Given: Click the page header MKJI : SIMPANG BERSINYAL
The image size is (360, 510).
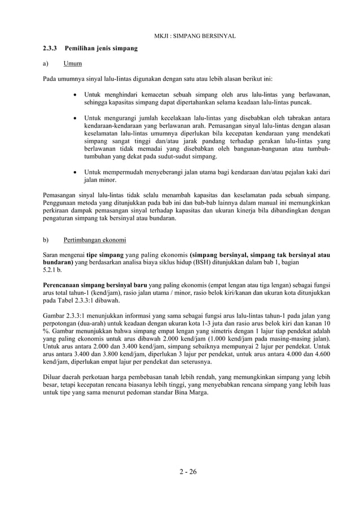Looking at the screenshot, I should (x=194, y=36).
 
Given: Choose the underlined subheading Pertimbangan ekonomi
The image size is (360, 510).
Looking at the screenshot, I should (x=95, y=239).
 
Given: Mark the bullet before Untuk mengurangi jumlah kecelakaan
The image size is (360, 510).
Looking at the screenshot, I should (x=76, y=118).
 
